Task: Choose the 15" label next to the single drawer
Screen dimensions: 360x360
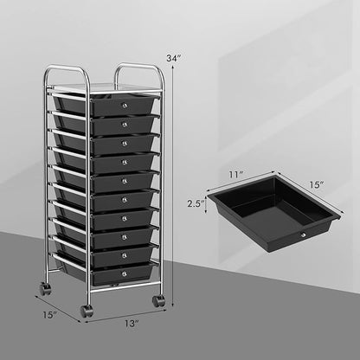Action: pyautogui.click(x=321, y=184)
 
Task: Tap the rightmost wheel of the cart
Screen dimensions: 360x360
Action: pyautogui.click(x=158, y=301)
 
